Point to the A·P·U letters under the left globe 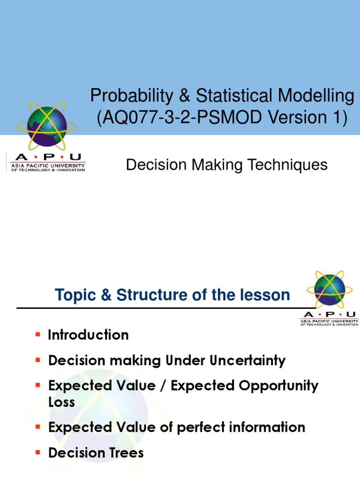click(45, 157)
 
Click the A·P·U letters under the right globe click(330, 315)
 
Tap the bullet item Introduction click(88, 335)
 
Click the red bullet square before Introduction click(38, 335)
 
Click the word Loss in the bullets click(61, 402)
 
